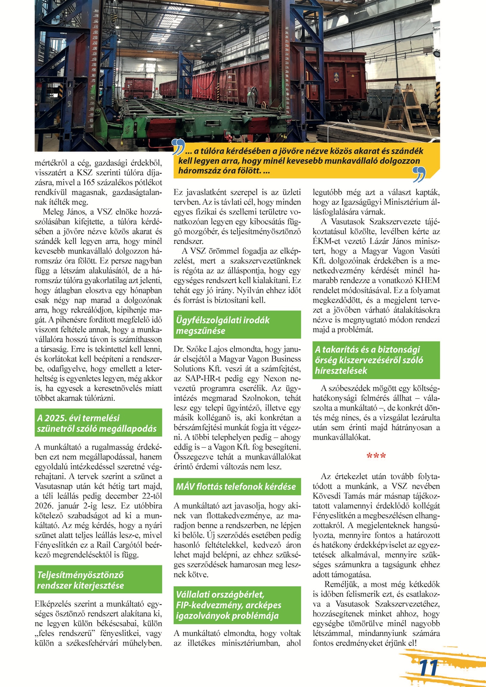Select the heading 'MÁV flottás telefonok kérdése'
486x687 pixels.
[236, 487]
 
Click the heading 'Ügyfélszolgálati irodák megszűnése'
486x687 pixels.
[223, 325]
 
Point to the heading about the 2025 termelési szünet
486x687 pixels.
[97, 423]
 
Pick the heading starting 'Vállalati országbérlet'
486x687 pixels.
[229, 605]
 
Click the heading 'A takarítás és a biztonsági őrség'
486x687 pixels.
[369, 360]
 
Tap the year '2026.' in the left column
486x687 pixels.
[45, 506]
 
